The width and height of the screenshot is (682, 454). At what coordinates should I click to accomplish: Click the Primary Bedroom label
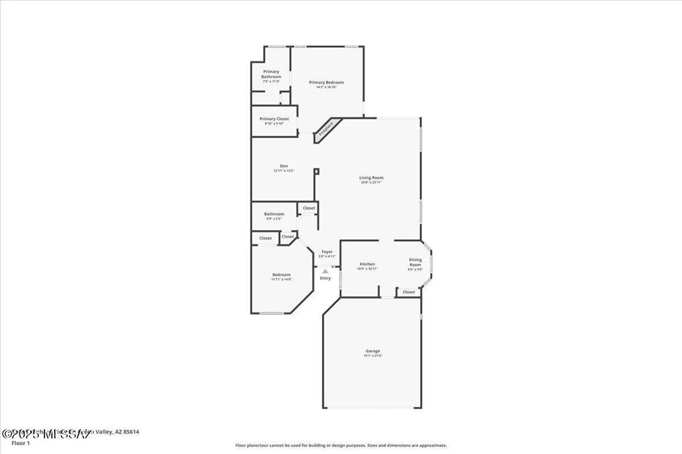click(x=326, y=82)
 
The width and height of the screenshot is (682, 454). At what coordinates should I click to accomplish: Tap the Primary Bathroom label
click(x=271, y=74)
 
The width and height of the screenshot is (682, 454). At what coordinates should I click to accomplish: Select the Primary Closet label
click(x=274, y=119)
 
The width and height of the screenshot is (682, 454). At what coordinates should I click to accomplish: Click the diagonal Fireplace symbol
click(x=326, y=129)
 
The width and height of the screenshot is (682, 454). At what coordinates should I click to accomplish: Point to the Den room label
click(x=284, y=166)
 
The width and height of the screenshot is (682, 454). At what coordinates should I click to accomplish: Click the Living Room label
click(x=371, y=177)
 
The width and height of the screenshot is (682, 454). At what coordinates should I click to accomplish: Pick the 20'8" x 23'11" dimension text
click(x=371, y=183)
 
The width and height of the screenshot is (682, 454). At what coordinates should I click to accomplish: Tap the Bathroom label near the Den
click(x=274, y=214)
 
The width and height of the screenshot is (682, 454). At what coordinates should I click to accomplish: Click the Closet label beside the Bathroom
click(x=309, y=208)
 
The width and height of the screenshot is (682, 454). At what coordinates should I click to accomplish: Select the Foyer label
click(x=327, y=252)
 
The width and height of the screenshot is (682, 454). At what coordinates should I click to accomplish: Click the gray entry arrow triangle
click(x=325, y=271)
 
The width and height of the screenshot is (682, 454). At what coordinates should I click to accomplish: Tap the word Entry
click(x=325, y=278)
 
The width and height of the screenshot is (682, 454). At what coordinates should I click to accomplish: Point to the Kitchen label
click(x=367, y=264)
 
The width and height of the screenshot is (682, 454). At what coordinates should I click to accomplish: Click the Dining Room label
click(x=415, y=262)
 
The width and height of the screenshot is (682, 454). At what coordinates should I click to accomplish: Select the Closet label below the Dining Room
click(x=409, y=292)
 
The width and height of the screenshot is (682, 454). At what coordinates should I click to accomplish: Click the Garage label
click(x=373, y=351)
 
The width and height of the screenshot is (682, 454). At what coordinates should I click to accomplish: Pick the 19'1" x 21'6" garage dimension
click(x=373, y=356)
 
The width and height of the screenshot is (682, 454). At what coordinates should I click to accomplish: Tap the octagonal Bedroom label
click(x=281, y=275)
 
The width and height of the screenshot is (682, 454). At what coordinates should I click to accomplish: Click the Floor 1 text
click(x=21, y=443)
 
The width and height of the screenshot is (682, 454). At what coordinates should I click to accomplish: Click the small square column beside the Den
click(x=316, y=171)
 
